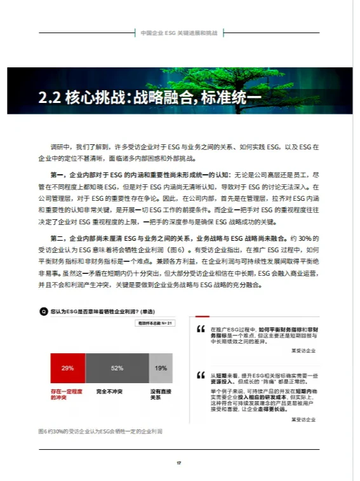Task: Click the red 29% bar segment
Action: click(x=68, y=368)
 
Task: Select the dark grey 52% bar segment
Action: click(x=117, y=368)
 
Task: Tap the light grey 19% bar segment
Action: click(x=161, y=368)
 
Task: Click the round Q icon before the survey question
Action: click(x=43, y=311)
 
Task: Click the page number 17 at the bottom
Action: click(x=180, y=462)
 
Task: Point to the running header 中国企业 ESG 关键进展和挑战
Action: click(x=180, y=32)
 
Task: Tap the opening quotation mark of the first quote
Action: click(x=201, y=330)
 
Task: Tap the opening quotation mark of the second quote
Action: click(x=201, y=374)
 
